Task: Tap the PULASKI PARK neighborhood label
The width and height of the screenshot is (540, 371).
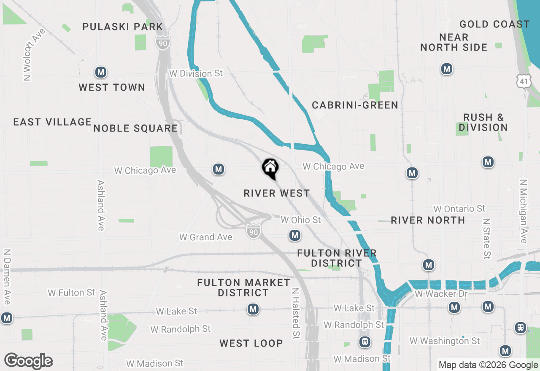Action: point(123,27)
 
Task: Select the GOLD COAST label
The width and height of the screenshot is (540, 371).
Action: point(494,24)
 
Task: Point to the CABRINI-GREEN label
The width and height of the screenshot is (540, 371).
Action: point(355,105)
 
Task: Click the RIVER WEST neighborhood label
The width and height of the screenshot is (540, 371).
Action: point(277,193)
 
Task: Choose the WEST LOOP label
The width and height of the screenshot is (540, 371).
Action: point(251,343)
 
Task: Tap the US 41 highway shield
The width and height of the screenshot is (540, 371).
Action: point(524,80)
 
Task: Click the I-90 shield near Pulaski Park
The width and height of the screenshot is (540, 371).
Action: point(162,42)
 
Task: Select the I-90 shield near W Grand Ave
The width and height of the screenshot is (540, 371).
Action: point(253,231)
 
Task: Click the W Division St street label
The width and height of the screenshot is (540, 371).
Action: point(196,73)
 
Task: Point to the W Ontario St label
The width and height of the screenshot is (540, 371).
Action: point(459,209)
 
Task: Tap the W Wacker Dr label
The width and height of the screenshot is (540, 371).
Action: point(441,293)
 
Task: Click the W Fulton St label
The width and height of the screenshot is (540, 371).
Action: point(72,292)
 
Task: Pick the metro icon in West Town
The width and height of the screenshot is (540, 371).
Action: point(100,73)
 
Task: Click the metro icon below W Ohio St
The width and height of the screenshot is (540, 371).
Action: point(295,235)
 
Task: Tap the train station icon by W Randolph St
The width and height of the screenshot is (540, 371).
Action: point(365,342)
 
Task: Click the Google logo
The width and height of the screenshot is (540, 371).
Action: point(29,361)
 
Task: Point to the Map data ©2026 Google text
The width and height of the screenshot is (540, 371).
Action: point(488,365)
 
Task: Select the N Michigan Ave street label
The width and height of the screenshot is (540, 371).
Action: point(524,211)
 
